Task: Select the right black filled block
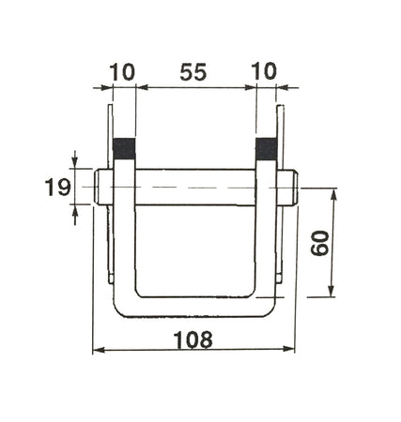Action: point(268,148)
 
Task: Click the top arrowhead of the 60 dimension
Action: point(332,191)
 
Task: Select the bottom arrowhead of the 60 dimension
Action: point(332,295)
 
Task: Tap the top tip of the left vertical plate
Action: point(112,108)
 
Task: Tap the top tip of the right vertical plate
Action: point(279,108)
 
